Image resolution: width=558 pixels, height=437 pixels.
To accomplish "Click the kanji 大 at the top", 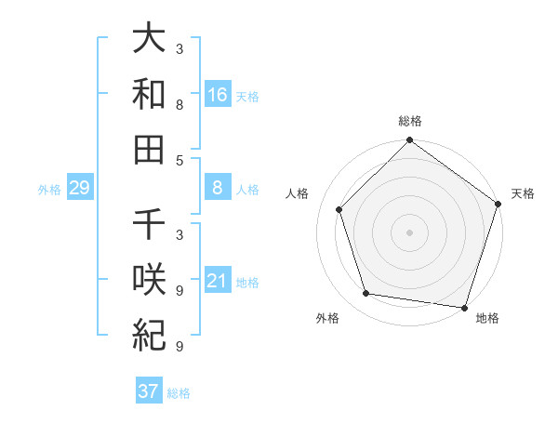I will point(149,40).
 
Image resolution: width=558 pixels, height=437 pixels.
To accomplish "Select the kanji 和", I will point(149,94).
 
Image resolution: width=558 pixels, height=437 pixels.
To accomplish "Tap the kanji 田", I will point(149,148).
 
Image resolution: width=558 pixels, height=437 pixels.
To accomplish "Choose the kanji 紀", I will point(149,333).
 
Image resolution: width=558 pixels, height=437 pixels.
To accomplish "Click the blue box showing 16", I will point(218,95).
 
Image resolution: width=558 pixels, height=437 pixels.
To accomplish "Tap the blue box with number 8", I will point(218,189).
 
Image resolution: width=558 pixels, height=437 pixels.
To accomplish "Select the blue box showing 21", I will point(218,282).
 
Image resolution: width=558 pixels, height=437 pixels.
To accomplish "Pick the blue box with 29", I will point(80,189).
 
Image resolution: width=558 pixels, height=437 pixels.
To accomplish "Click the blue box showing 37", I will point(148,391).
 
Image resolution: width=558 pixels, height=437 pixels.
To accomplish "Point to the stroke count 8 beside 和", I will point(179,105).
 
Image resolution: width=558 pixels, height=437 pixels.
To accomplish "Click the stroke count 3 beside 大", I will point(179,48).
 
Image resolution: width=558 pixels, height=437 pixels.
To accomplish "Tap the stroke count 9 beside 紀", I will point(179,347).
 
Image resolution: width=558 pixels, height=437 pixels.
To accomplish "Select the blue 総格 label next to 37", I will point(179,393).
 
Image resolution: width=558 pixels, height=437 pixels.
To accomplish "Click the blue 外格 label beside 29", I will point(49,190).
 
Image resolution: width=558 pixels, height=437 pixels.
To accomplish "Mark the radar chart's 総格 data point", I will point(409,141).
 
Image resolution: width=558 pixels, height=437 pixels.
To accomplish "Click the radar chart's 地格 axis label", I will point(487,318).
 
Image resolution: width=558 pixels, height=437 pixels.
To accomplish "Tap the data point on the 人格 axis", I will point(339,209).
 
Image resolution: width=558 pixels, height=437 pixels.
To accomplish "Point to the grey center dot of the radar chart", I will point(409,232).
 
